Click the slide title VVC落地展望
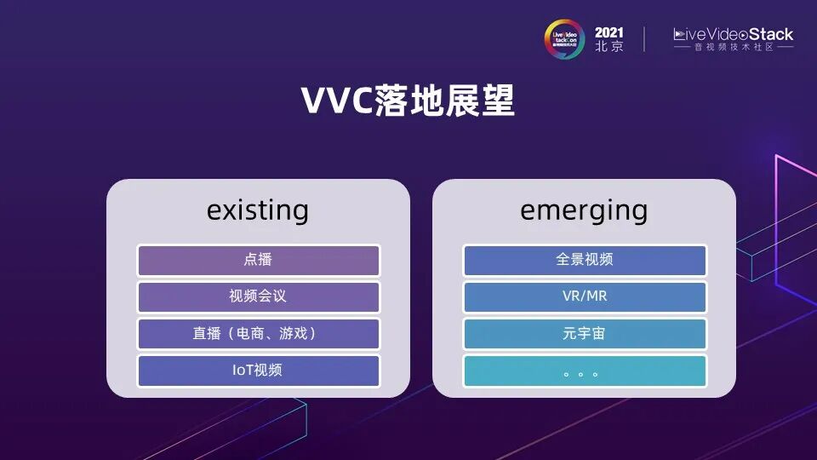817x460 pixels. [x=408, y=101]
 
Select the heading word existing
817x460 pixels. [x=257, y=210]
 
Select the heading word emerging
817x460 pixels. [x=584, y=210]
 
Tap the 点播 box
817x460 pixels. [x=258, y=260]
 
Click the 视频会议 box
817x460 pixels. [x=258, y=297]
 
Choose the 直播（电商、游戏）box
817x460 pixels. [x=258, y=334]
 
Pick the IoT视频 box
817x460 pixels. [x=258, y=371]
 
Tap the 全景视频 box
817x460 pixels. [x=584, y=260]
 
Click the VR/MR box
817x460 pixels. [x=584, y=297]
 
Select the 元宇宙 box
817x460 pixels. [x=584, y=334]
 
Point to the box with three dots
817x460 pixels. [x=584, y=371]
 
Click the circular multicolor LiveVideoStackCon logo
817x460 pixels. [x=564, y=39]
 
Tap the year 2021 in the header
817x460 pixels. [x=608, y=32]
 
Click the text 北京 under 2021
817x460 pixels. [x=608, y=48]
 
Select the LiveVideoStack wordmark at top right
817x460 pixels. [x=733, y=34]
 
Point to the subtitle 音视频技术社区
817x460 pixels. [x=733, y=49]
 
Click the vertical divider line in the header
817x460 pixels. [x=644, y=39]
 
